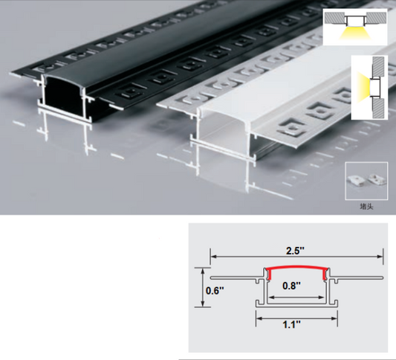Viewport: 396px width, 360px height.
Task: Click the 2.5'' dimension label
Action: pyautogui.click(x=295, y=251)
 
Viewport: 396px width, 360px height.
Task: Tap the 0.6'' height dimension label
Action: pyautogui.click(x=215, y=291)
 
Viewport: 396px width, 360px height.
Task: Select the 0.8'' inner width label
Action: pyautogui.click(x=291, y=286)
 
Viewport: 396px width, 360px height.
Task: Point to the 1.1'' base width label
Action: pyautogui.click(x=292, y=324)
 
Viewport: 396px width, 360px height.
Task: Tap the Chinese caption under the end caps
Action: pyautogui.click(x=366, y=207)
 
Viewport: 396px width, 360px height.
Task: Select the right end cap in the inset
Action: pyautogui.click(x=376, y=179)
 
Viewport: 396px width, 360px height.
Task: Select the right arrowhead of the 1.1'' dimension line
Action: pyautogui.click(x=334, y=318)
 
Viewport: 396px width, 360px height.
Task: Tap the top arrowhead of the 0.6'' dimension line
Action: pyautogui.click(x=202, y=271)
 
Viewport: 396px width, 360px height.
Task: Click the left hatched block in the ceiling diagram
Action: pyautogui.click(x=334, y=18)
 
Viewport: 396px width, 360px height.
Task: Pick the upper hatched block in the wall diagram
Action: pyautogui.click(x=379, y=66)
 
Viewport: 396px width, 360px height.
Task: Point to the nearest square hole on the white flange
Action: pyautogui.click(x=290, y=128)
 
